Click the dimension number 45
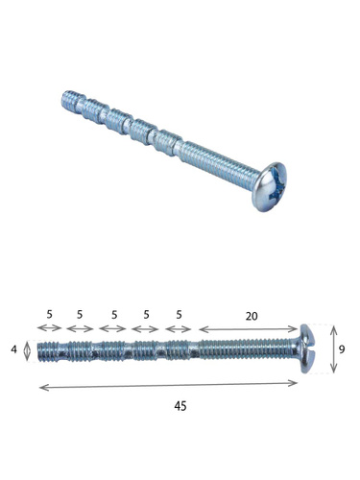pyautogui.click(x=180, y=406)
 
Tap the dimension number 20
pyautogui.click(x=252, y=316)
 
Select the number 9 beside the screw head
pyautogui.click(x=342, y=349)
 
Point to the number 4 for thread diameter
pyautogui.click(x=13, y=349)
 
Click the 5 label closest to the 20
pyautogui.click(x=179, y=315)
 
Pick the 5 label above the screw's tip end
pyautogui.click(x=49, y=314)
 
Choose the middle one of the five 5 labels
pyautogui.click(x=114, y=315)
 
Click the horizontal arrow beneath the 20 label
pyautogui.click(x=249, y=329)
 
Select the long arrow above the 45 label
pyautogui.click(x=168, y=385)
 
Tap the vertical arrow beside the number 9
pyautogui.click(x=333, y=348)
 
